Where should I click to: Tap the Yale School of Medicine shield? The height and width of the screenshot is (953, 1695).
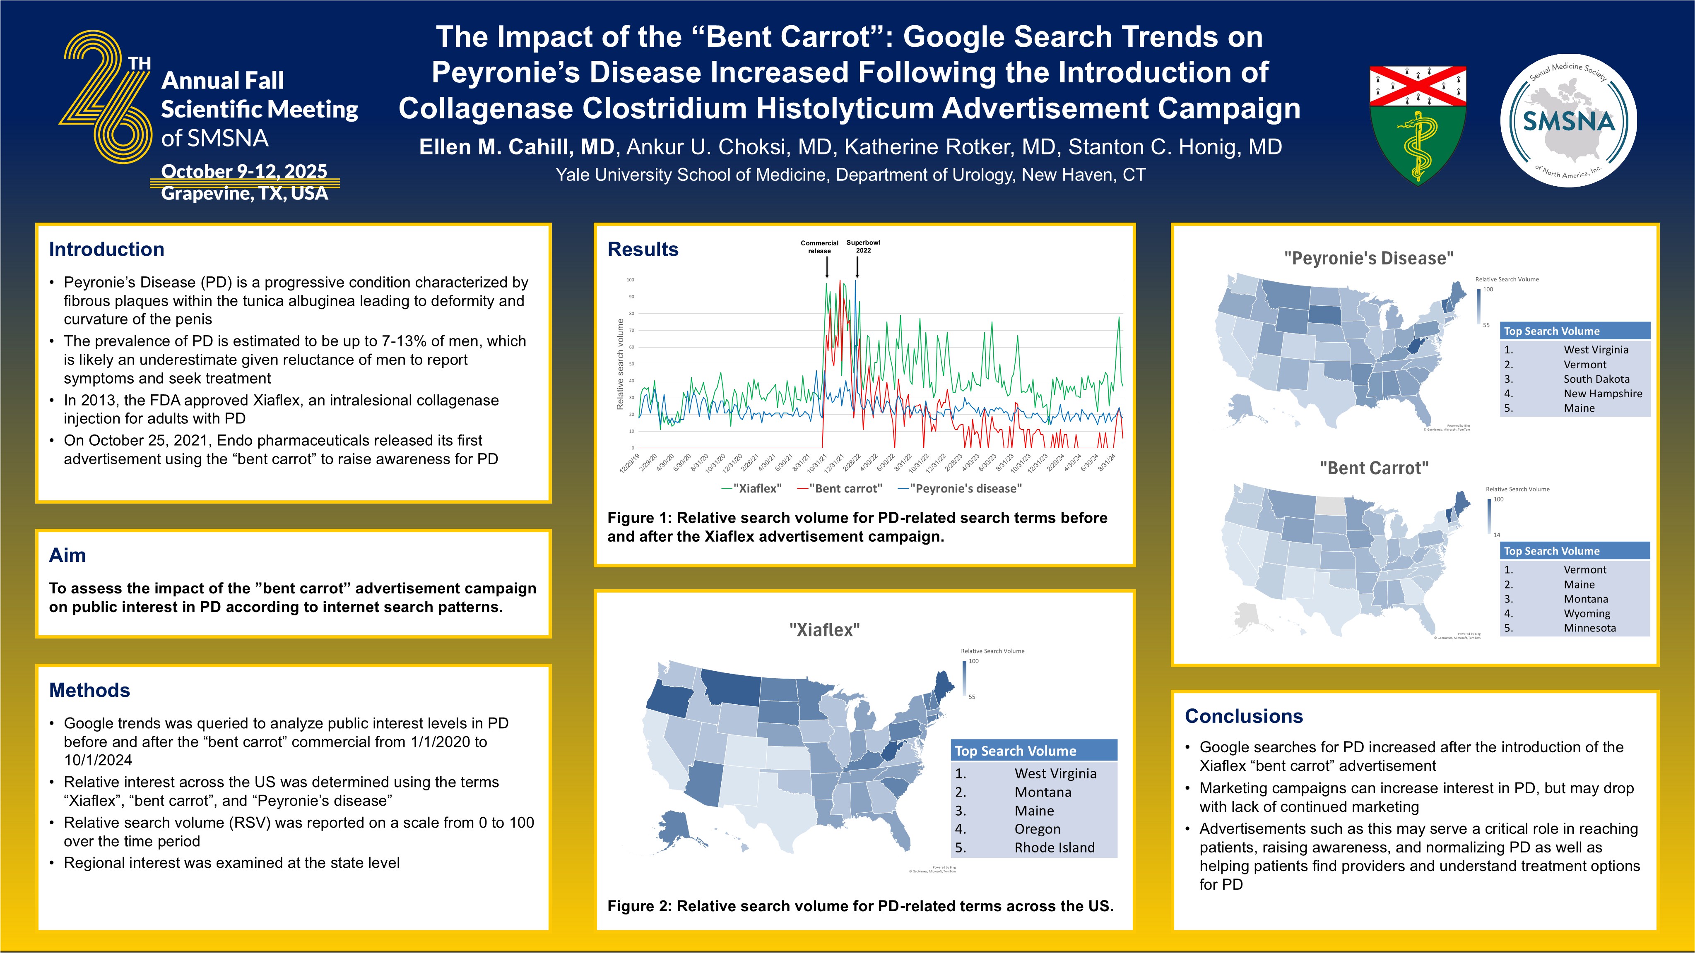point(1417,124)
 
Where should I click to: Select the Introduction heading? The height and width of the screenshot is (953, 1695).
point(106,249)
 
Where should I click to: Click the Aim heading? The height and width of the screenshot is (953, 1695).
point(67,555)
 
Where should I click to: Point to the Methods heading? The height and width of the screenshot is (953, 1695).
point(89,690)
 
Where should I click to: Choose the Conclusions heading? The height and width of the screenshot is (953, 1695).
point(1244,716)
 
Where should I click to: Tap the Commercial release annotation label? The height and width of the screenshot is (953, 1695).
point(819,247)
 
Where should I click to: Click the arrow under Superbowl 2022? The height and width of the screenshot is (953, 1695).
point(857,267)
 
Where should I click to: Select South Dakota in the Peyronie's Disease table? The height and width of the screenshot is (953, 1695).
point(1596,379)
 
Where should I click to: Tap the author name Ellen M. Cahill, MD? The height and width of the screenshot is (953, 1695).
point(517,146)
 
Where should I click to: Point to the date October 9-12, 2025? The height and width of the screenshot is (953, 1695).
point(244,171)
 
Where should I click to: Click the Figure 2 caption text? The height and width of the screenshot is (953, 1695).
point(860,906)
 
